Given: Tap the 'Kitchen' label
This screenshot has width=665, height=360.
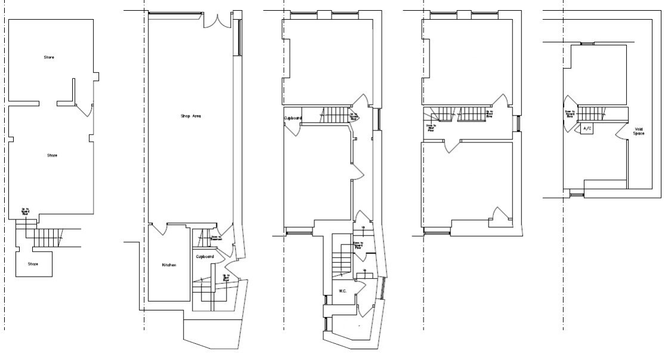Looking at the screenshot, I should coord(169,265).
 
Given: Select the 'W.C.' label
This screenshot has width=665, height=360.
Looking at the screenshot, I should coord(342,291).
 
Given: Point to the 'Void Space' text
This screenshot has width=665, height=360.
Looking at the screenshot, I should coord(639,131).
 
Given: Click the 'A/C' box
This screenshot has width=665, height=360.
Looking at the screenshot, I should coord(587,129).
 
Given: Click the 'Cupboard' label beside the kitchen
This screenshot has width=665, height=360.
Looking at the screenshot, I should coord(205,256).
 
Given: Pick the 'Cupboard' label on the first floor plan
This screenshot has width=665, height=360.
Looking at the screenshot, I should coord(293,118).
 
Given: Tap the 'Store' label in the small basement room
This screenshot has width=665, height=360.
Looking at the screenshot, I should coord(33,263).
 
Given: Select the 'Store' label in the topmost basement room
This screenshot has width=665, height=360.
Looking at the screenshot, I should coord(49,57).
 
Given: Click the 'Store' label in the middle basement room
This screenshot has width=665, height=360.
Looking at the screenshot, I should coord(52,156).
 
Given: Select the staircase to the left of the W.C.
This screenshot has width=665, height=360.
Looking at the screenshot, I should coord(342,260).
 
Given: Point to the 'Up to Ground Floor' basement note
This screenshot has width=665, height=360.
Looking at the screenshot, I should coord(26,210).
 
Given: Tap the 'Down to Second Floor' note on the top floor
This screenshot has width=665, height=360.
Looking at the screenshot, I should coord(570,113).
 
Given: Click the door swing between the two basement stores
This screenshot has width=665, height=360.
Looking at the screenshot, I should coord(86,109).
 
